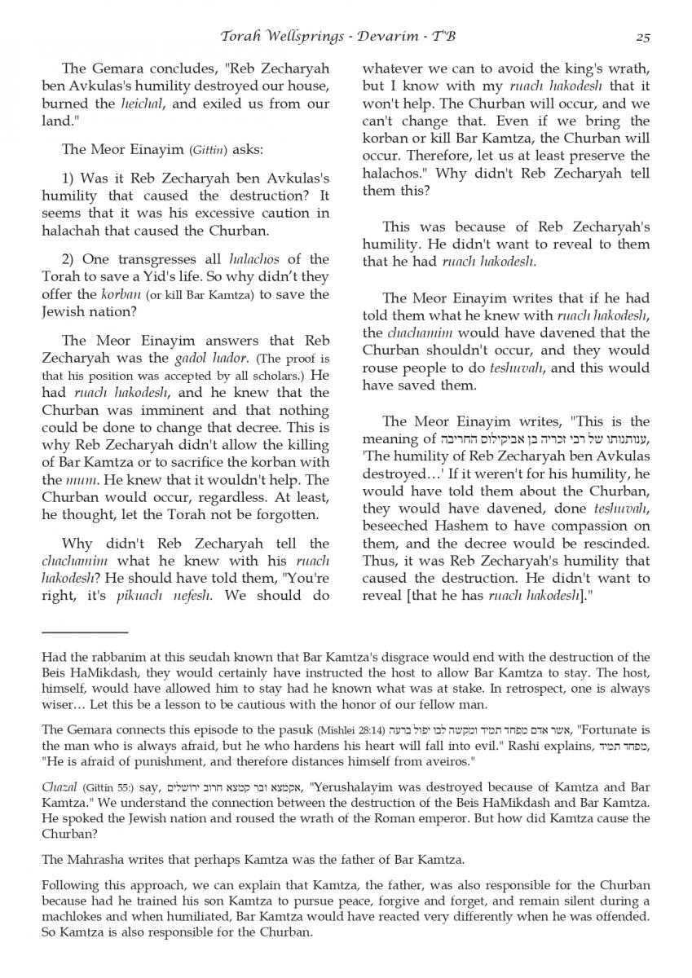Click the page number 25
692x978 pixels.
[x=642, y=37]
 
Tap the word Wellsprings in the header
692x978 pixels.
[x=303, y=37]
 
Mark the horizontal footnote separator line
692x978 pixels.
[x=85, y=632]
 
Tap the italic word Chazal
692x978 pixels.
[x=60, y=787]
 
